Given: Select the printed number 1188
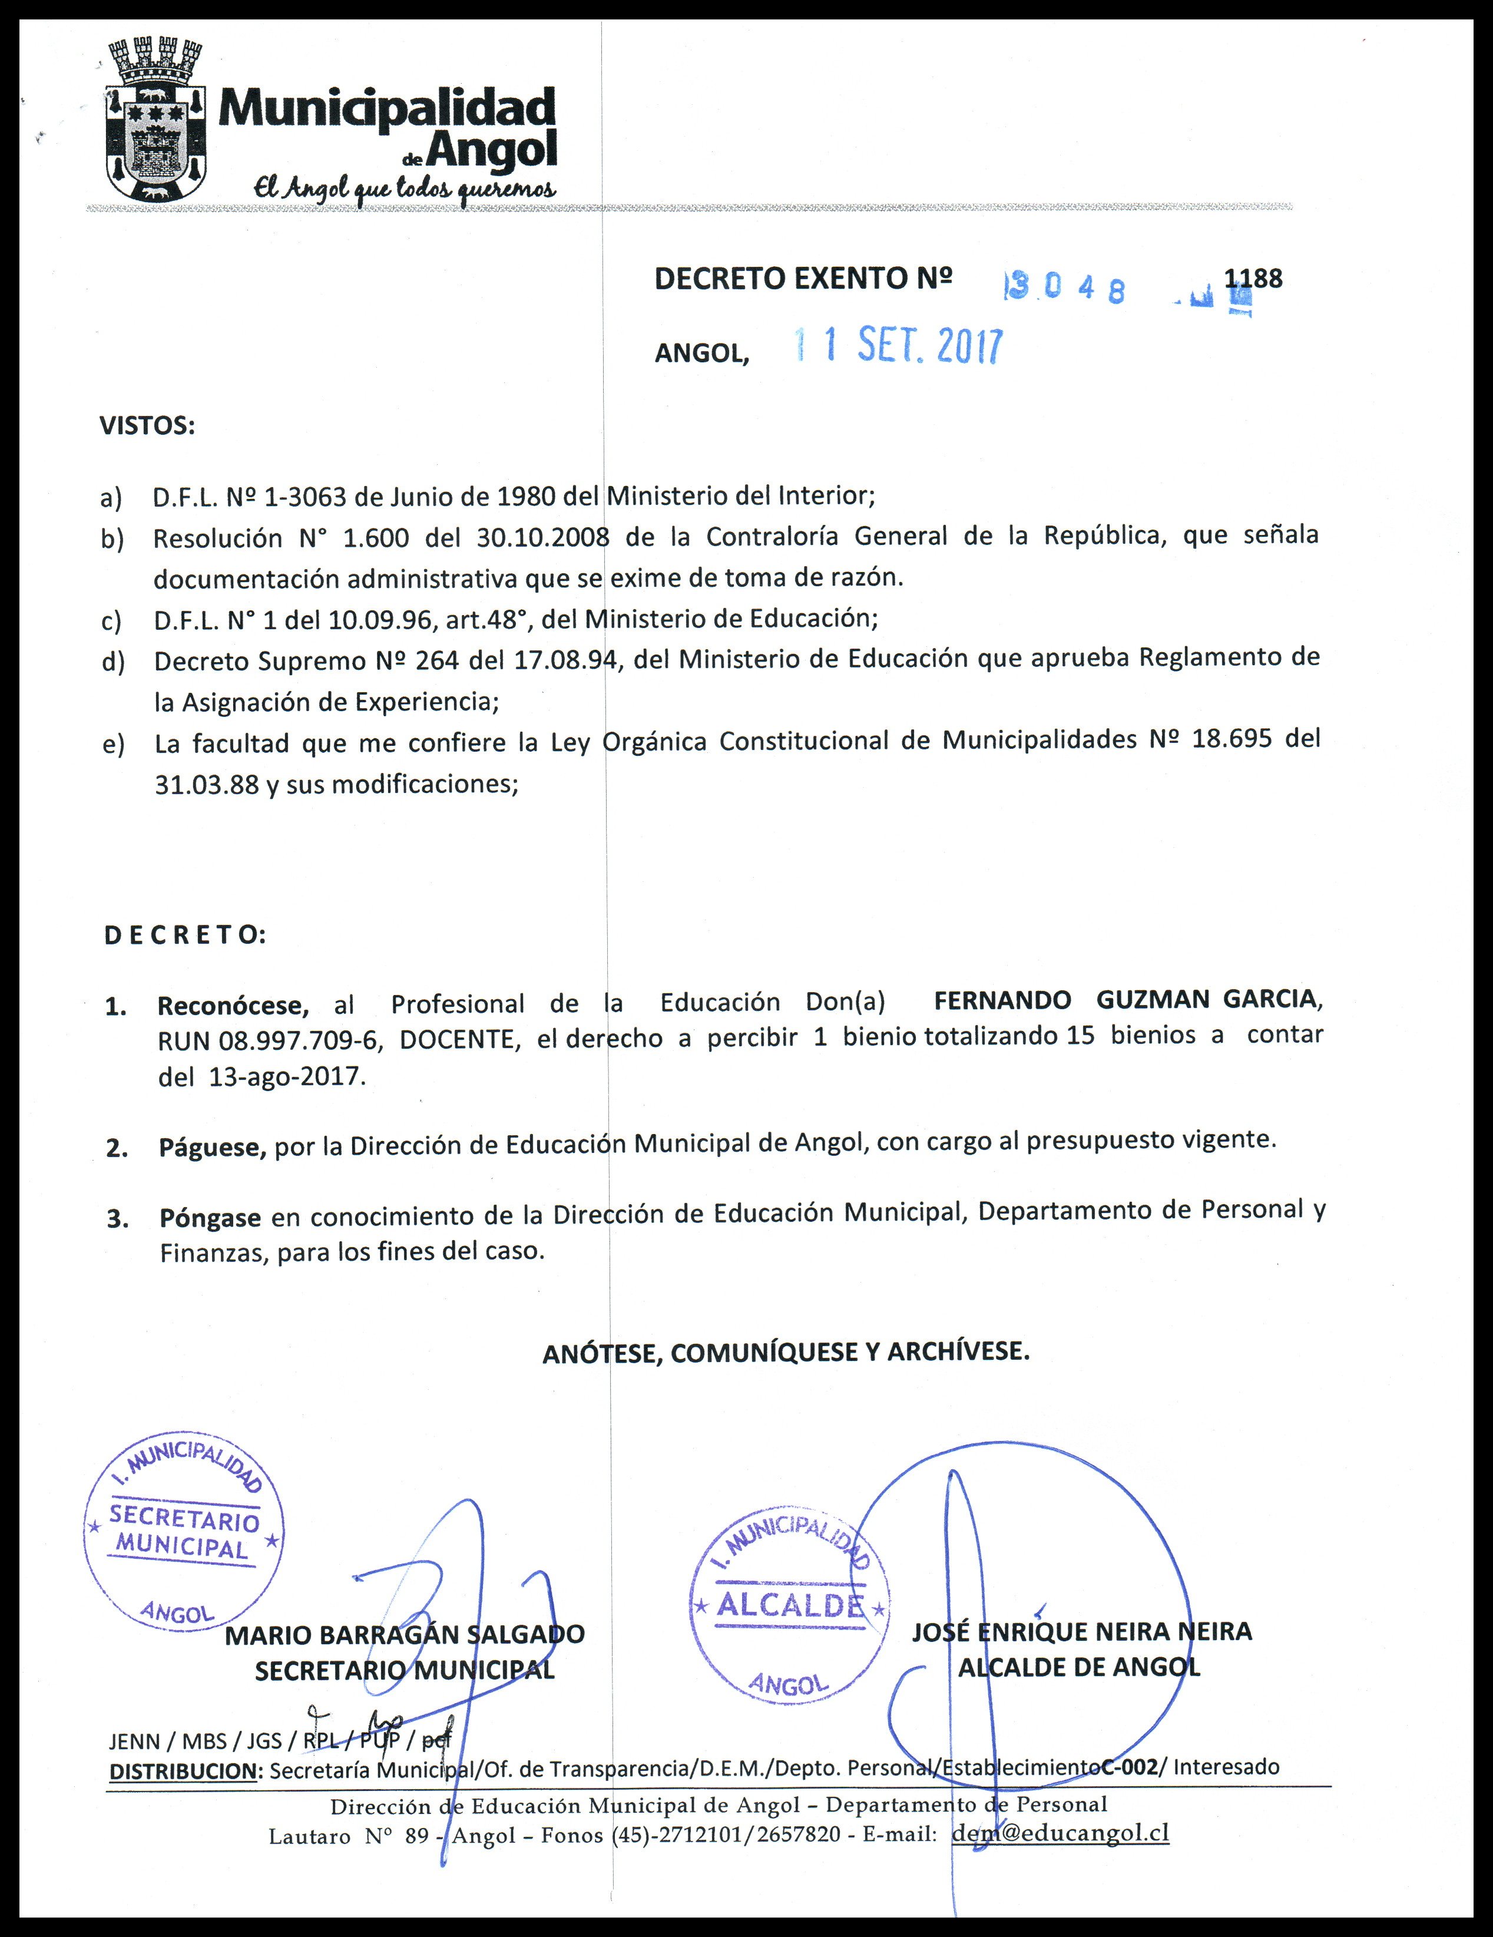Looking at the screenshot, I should [x=1253, y=279].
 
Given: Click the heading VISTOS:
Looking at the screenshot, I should [x=147, y=427].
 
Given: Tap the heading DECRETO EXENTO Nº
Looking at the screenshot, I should [x=802, y=279].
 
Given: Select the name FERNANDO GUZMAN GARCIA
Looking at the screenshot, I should [x=1126, y=1000].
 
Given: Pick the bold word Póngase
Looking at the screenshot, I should [x=210, y=1218].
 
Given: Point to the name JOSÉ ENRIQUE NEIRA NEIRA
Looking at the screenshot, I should [x=1082, y=1632].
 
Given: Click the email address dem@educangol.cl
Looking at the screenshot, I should [x=1060, y=1834].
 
